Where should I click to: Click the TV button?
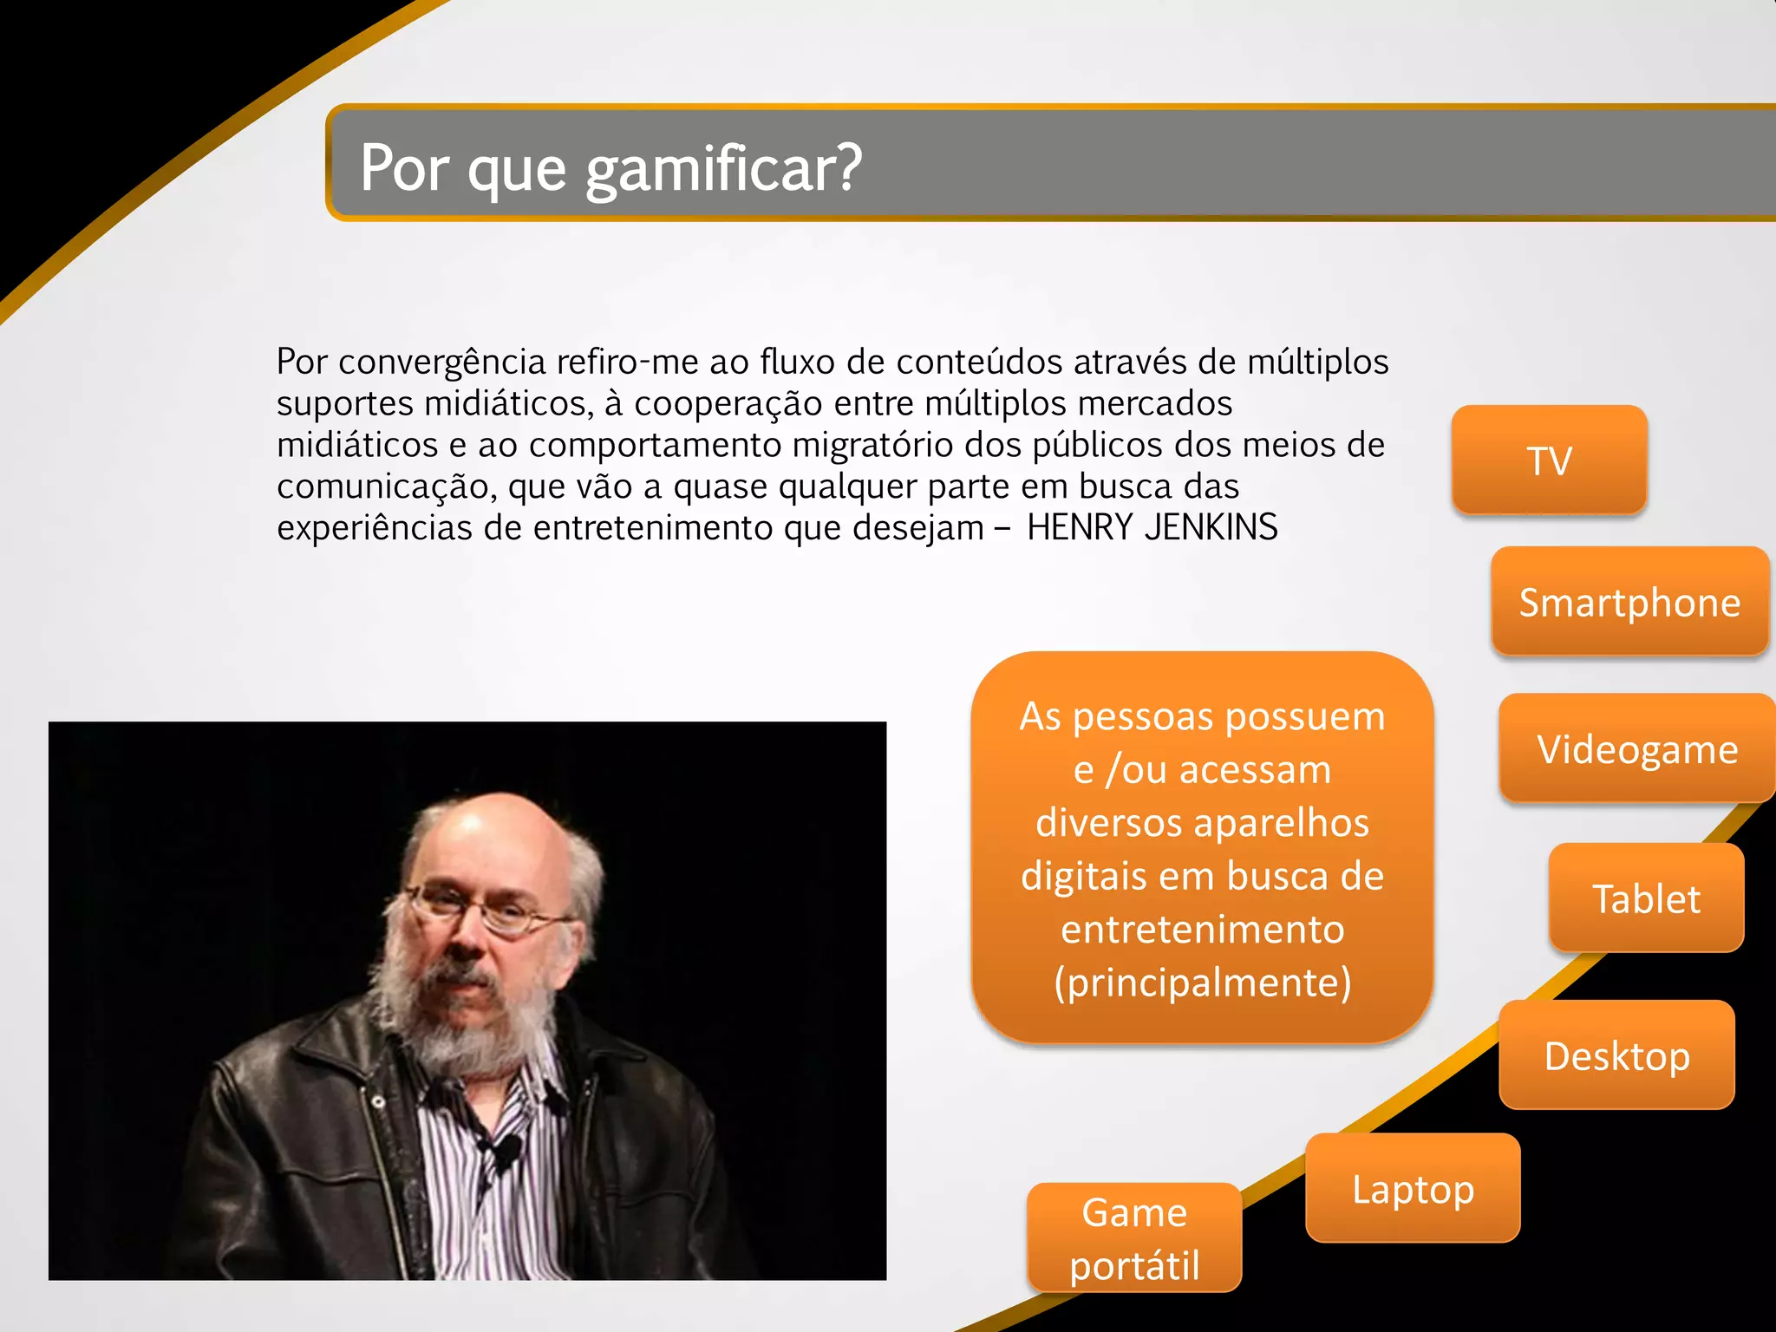click(1549, 460)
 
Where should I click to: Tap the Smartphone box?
click(1629, 602)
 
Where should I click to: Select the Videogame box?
click(1637, 748)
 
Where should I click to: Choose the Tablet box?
click(1646, 898)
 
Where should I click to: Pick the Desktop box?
click(1616, 1055)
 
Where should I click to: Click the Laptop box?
click(1413, 1188)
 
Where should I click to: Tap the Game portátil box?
click(1134, 1237)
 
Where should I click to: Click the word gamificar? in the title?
click(723, 168)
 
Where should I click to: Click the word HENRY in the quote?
click(1079, 527)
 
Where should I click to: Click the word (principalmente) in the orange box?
click(1202, 983)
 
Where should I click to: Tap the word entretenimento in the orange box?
click(1202, 930)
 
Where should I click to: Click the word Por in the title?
click(404, 168)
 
